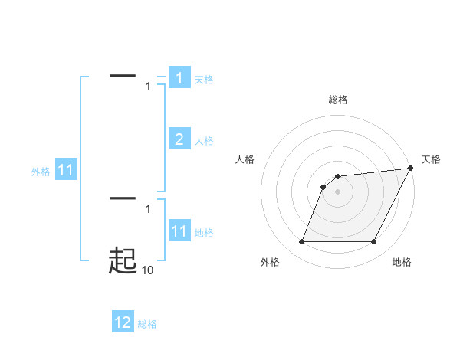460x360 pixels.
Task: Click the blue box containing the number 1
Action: point(179,78)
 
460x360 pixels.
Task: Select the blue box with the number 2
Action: point(179,139)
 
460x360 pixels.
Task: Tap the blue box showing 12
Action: point(123,322)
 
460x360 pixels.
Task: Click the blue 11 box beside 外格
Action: point(66,170)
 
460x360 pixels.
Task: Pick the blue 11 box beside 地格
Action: point(179,231)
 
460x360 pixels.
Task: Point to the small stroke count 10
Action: point(148,270)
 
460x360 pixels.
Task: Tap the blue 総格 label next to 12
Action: point(147,324)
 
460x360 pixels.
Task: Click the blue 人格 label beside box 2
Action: point(204,141)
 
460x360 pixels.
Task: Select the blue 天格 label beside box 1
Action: point(204,80)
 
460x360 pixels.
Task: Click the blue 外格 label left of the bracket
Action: point(41,172)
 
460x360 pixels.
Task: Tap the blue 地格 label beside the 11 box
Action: point(204,233)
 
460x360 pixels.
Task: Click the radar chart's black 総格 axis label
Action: point(338,100)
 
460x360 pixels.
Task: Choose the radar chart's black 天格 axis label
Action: point(431,159)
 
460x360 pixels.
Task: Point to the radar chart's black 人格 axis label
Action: point(245,159)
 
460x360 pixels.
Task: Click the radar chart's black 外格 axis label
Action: point(270,262)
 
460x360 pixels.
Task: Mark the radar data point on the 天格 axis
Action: point(411,168)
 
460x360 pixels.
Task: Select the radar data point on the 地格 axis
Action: point(374,242)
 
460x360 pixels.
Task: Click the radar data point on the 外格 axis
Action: point(301,242)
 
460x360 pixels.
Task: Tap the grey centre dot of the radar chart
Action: point(338,191)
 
